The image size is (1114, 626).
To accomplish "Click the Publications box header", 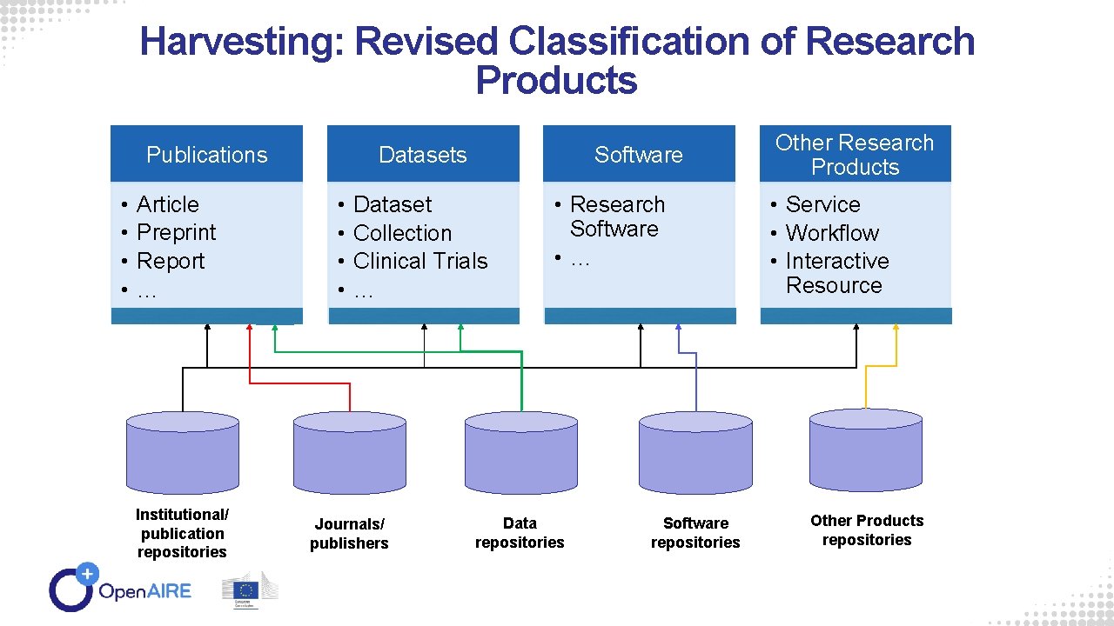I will click(x=206, y=155).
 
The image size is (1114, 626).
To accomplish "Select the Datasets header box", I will click(x=423, y=155).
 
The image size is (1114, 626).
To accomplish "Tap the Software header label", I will click(x=639, y=155).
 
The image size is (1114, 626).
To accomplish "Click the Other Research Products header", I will click(x=855, y=155).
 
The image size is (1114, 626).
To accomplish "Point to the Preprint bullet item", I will click(x=176, y=233).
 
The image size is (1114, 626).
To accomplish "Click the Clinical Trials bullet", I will click(x=420, y=261).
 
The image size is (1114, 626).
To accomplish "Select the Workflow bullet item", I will click(x=832, y=233).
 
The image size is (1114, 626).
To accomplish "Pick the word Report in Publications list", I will click(x=171, y=261).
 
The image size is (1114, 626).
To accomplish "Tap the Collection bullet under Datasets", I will click(x=402, y=233).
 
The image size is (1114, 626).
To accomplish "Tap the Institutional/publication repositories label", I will click(x=182, y=533).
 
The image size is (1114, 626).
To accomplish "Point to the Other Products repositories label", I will click(x=867, y=530).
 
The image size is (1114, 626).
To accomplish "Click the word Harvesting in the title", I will click(x=239, y=42).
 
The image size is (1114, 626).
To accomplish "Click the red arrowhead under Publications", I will click(x=250, y=328).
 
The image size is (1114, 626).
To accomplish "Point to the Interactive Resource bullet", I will click(x=835, y=273).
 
